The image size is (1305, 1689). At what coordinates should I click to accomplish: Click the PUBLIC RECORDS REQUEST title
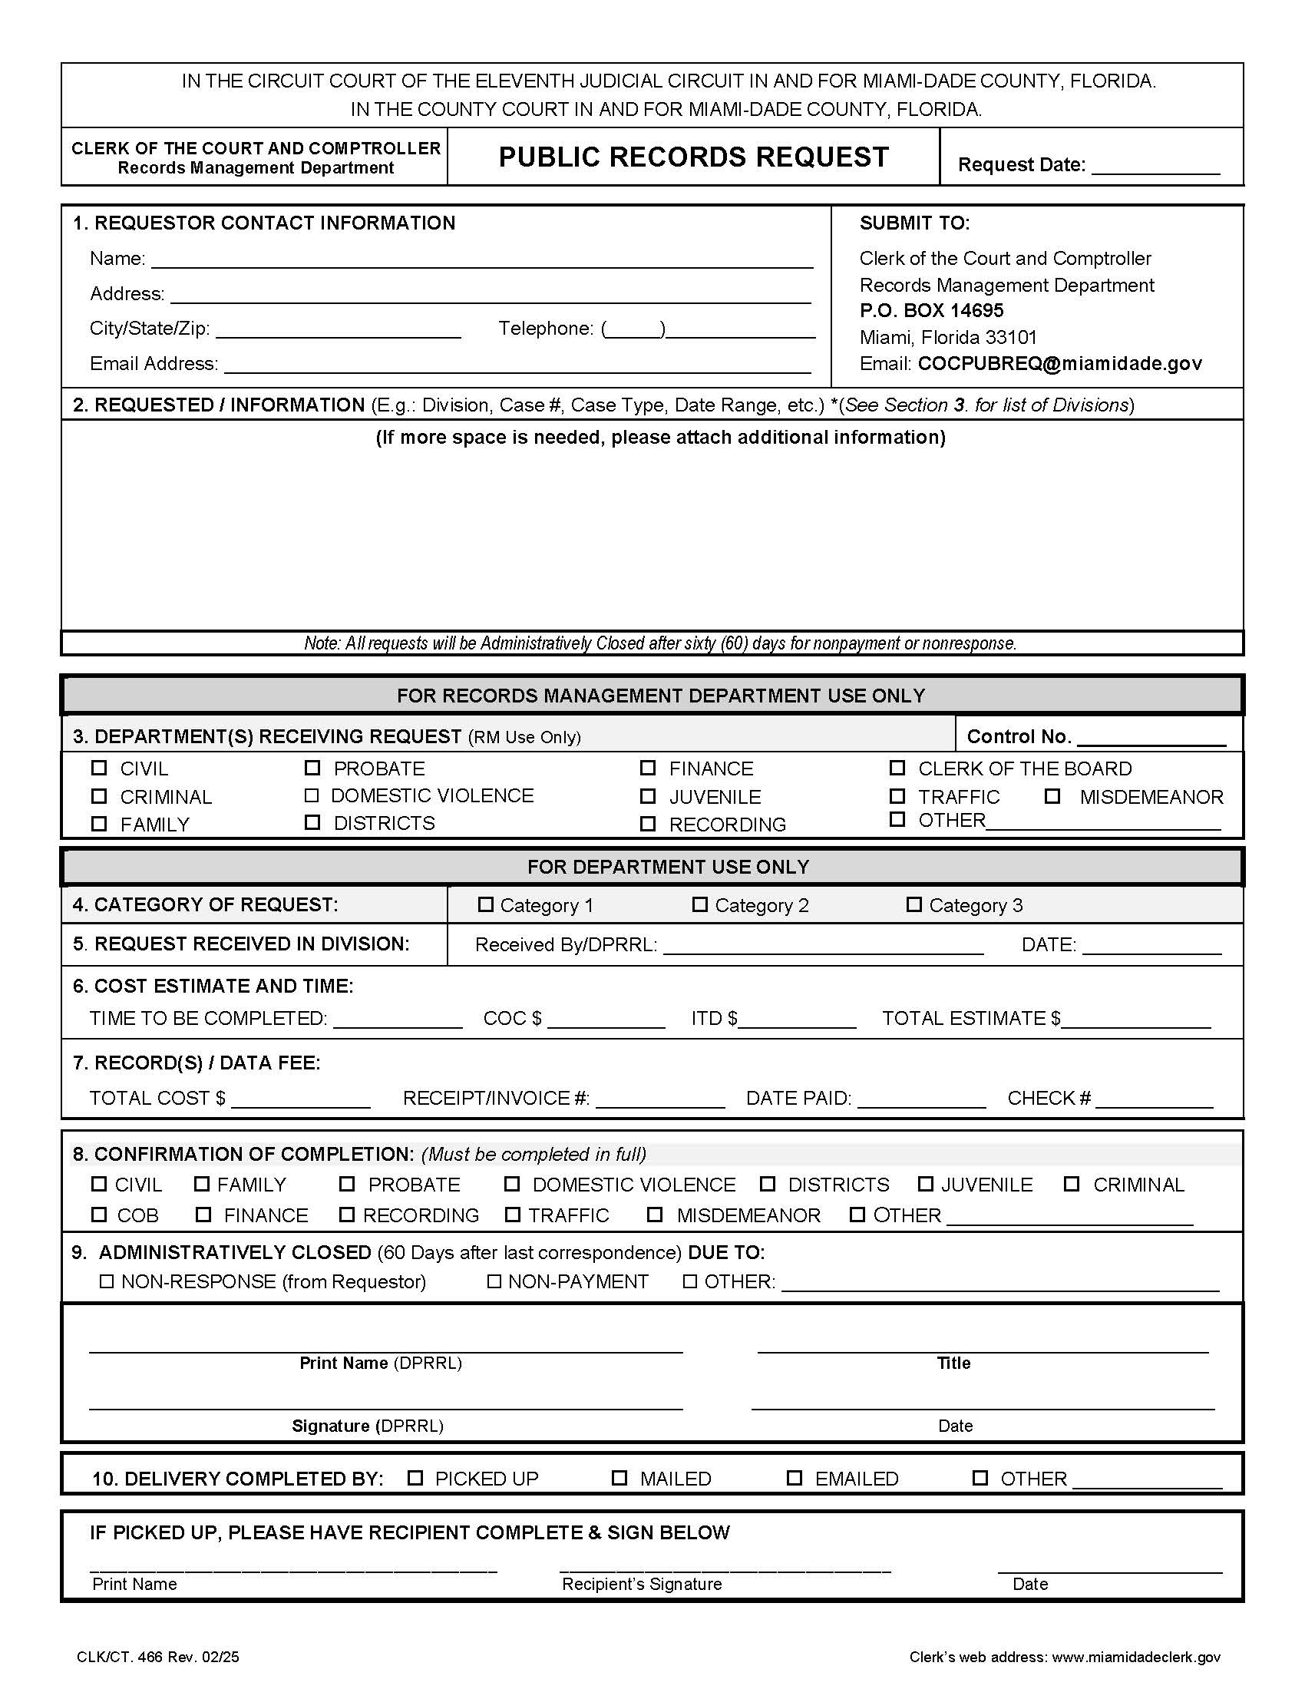point(693,157)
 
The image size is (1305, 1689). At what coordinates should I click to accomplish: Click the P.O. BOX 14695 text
point(931,311)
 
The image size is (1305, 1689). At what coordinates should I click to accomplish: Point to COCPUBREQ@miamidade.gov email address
point(1059,363)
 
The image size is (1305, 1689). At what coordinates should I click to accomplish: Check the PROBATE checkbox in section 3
point(312,768)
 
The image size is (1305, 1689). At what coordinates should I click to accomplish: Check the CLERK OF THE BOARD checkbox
point(897,768)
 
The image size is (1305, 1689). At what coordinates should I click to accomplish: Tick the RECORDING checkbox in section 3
point(648,824)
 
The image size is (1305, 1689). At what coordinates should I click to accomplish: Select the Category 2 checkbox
point(699,904)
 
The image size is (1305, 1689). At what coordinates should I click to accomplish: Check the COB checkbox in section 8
point(99,1215)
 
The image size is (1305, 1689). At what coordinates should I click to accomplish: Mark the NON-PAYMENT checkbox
point(494,1281)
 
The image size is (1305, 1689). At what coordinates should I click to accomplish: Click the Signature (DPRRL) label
point(367,1426)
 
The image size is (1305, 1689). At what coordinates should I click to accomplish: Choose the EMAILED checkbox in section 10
point(794,1478)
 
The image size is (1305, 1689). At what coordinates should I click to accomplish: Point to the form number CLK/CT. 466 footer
point(157,1657)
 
